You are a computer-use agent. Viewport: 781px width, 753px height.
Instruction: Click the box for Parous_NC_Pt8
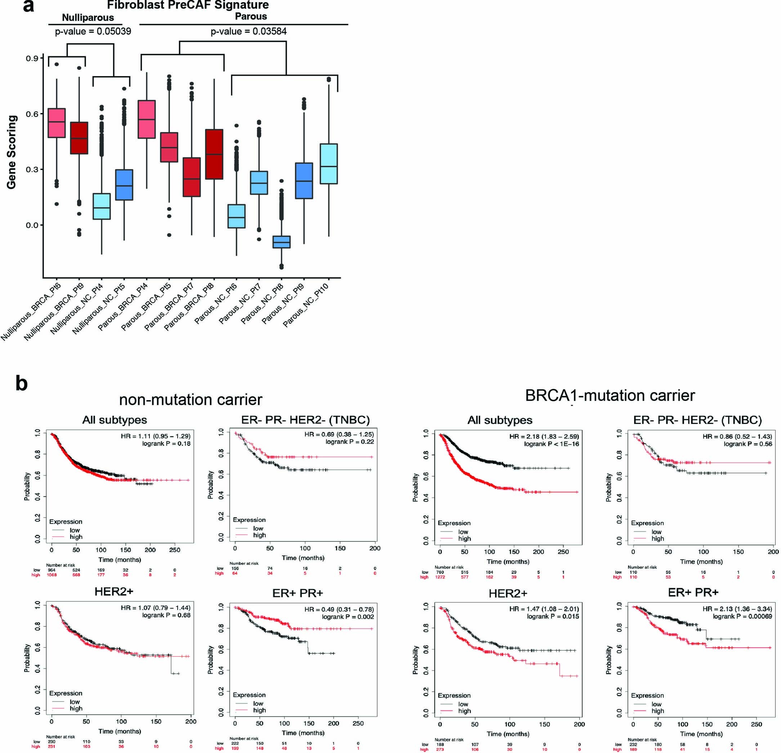(281, 242)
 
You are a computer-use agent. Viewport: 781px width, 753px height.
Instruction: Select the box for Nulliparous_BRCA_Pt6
(56, 123)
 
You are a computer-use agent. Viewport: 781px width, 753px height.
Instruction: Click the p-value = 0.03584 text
(248, 31)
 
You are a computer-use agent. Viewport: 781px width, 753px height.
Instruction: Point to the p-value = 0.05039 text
(93, 31)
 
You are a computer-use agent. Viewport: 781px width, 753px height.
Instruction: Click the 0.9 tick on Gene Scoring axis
(32, 59)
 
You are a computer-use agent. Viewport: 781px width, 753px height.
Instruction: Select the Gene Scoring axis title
(12, 152)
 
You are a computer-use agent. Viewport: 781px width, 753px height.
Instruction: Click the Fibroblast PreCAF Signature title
(188, 5)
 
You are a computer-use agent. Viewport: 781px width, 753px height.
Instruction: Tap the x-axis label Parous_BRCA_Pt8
(189, 307)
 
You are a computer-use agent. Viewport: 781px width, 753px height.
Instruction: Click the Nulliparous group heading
(88, 18)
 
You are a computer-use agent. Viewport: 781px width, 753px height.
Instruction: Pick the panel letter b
(21, 383)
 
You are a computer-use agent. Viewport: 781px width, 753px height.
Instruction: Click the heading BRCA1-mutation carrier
(610, 395)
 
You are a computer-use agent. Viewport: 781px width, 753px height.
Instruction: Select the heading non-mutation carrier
(191, 399)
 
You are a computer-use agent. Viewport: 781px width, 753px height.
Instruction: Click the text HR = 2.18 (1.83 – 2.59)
(544, 437)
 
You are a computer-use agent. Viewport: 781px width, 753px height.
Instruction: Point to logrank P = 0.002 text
(348, 617)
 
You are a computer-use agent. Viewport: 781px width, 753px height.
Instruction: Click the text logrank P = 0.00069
(742, 616)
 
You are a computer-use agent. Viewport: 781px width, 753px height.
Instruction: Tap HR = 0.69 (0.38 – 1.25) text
(339, 434)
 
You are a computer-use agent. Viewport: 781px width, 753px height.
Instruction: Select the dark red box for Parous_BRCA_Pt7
(192, 177)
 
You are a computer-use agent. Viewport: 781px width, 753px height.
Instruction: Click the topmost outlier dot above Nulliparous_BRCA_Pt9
(79, 68)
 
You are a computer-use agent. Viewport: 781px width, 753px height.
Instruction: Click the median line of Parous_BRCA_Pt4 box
(146, 119)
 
